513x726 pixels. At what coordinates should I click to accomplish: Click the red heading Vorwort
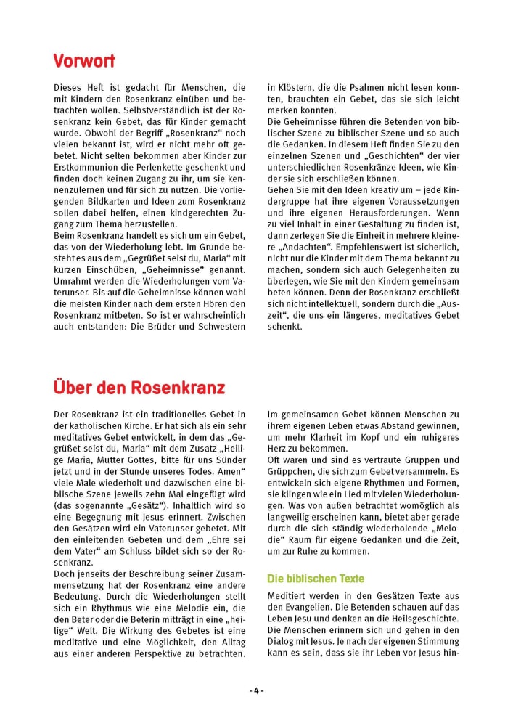[x=84, y=60]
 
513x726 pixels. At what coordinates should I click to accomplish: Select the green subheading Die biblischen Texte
[x=316, y=579]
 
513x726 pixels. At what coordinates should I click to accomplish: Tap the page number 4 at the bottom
[x=256, y=690]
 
